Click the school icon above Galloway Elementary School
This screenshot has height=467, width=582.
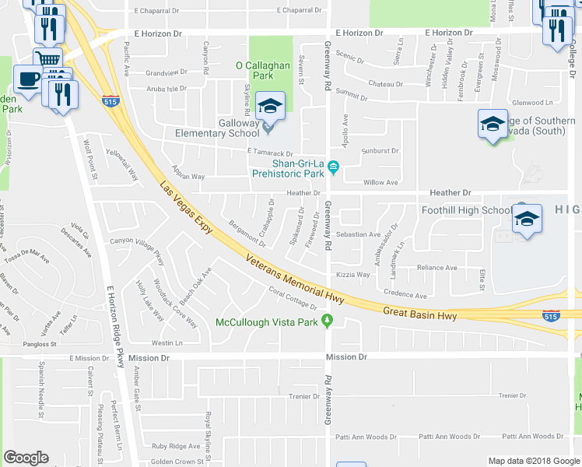point(270,107)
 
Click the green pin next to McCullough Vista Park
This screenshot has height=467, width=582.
point(328,321)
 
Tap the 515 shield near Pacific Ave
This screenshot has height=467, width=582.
point(109,100)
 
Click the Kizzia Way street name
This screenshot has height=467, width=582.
point(352,275)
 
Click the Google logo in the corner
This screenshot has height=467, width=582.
point(26,458)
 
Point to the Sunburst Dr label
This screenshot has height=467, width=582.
point(380,151)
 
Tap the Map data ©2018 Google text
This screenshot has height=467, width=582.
point(533,461)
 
